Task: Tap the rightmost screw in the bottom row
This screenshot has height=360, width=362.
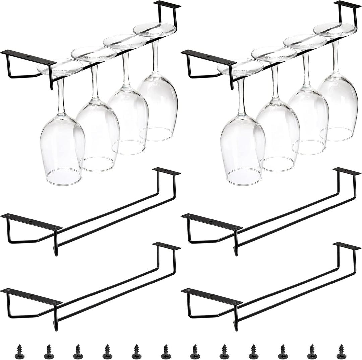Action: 341,351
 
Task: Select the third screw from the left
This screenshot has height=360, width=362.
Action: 78,351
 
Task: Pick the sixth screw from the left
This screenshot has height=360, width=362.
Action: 166,351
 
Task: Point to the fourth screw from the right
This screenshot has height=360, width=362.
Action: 253,351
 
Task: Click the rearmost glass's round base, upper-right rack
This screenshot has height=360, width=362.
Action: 335,29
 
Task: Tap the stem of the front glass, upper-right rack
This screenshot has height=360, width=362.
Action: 241,97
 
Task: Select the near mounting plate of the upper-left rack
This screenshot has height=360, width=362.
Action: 28,57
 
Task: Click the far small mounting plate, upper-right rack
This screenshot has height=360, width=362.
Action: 347,5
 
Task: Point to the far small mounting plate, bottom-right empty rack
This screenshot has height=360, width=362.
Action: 347,246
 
